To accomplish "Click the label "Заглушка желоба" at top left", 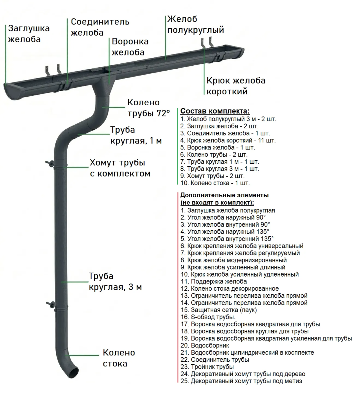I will click(x=29, y=34).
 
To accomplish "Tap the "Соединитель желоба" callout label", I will click(x=100, y=27).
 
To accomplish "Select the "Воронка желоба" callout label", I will click(x=130, y=47).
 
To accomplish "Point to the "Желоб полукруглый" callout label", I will click(x=195, y=24).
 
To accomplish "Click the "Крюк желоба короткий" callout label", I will click(x=236, y=86).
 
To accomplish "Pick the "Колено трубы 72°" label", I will click(x=148, y=108).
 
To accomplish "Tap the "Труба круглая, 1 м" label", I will click(x=136, y=135).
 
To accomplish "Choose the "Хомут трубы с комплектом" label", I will click(x=120, y=168).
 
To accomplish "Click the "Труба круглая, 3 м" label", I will click(x=115, y=281).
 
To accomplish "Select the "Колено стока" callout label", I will click(x=119, y=358).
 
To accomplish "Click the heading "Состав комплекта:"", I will click(x=215, y=111).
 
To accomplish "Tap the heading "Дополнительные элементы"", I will click(x=224, y=195).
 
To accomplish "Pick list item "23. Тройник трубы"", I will click(x=207, y=367).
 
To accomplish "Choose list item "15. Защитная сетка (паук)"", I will click(x=218, y=310).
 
